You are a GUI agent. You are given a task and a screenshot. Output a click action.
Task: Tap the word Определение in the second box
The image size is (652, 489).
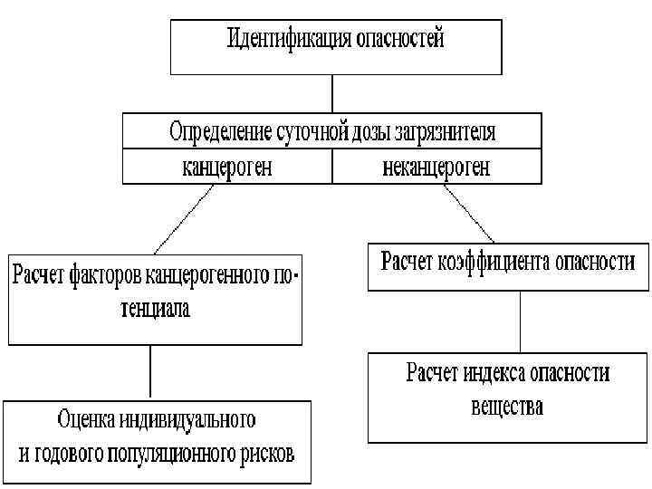[220, 131]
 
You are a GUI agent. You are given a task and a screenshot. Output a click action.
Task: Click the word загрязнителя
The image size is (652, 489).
[446, 132]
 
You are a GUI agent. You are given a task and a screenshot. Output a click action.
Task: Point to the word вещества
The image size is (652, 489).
[508, 406]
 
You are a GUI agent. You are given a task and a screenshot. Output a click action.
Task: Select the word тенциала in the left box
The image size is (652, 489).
[158, 309]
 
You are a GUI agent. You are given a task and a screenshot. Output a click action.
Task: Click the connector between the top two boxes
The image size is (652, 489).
[332, 93]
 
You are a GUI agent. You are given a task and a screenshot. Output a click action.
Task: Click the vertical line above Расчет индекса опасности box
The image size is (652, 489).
[520, 321]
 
